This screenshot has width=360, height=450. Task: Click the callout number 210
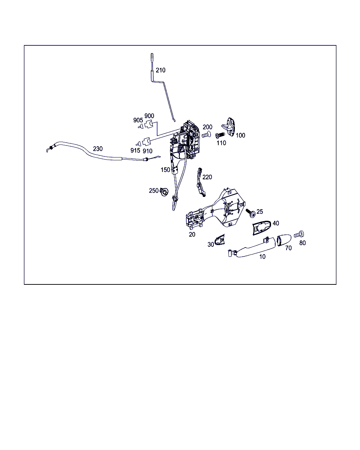[x=160, y=70]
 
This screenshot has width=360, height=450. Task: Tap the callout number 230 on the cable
[x=98, y=149]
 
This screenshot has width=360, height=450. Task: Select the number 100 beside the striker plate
[x=240, y=135]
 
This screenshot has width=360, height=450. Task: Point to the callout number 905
[x=138, y=120]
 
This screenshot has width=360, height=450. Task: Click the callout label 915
[x=135, y=150]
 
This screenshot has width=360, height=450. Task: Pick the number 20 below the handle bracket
[x=192, y=234]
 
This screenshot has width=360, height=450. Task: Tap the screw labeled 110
[x=220, y=135]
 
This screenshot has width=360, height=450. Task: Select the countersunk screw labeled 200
[x=206, y=134]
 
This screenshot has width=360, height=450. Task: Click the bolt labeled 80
[x=299, y=234]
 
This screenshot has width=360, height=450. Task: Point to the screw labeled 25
[x=251, y=213]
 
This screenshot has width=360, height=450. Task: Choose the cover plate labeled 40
[x=262, y=227]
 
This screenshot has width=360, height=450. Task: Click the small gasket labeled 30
[x=220, y=240]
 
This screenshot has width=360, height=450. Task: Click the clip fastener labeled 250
[x=164, y=192]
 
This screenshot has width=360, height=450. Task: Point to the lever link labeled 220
[x=201, y=182]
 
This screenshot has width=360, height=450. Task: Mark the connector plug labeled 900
[x=149, y=124]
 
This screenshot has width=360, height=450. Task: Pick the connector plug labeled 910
[x=147, y=142]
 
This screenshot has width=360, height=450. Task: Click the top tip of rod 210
[x=152, y=54]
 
